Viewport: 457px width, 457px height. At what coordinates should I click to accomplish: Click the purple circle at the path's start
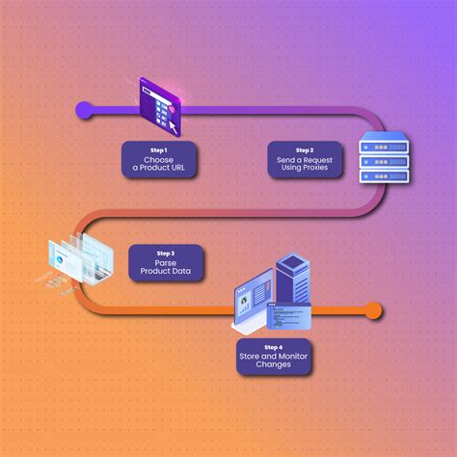[x=84, y=110]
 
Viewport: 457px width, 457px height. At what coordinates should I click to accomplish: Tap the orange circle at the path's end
[x=373, y=310]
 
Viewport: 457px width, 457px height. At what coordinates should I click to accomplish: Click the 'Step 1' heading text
[x=159, y=150]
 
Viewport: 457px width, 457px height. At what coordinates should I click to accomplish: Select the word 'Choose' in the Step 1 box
[x=158, y=160]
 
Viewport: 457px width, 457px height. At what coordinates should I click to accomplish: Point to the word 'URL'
[x=177, y=168]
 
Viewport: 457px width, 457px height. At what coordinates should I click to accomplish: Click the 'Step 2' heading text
[x=305, y=150]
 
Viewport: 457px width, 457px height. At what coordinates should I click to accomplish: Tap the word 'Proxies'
[x=316, y=168]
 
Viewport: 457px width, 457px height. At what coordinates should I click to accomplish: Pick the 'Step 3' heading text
[x=166, y=254]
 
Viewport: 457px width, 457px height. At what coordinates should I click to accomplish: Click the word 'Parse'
[x=166, y=263]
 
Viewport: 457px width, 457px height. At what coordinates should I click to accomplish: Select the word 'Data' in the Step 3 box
[x=182, y=271]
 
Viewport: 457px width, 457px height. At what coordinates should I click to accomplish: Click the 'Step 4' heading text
[x=274, y=347]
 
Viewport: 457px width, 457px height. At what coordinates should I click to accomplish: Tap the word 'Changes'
[x=274, y=364]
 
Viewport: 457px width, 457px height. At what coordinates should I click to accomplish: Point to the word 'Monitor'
[x=291, y=356]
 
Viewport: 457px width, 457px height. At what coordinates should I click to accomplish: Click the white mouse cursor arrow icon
[x=173, y=128]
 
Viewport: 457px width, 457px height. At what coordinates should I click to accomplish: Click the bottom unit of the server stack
[x=384, y=176]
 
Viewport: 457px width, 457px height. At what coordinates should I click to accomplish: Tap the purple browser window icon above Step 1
[x=160, y=106]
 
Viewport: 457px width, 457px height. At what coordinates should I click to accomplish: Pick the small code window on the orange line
[x=289, y=316]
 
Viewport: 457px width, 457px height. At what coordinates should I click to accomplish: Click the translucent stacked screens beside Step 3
[x=81, y=259]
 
